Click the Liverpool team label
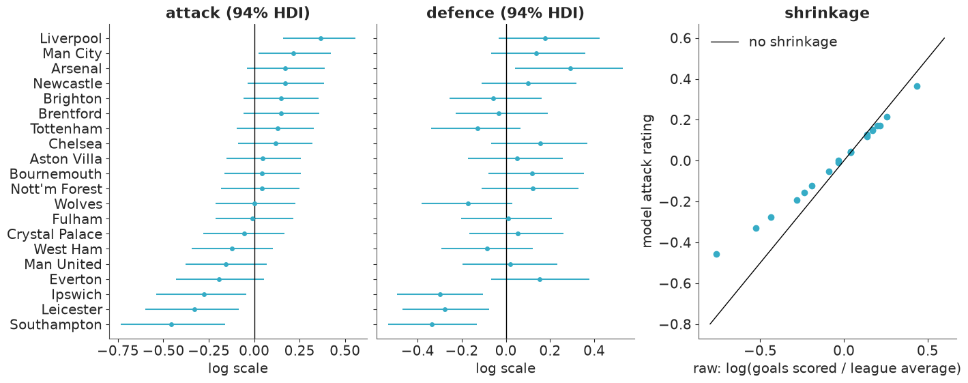(71, 38)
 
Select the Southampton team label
(56, 325)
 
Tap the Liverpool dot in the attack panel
(321, 38)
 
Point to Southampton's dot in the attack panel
(171, 325)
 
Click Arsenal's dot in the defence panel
(570, 69)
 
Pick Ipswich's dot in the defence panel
(441, 294)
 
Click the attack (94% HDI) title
(237, 13)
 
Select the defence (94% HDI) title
(505, 13)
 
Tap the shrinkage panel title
(827, 13)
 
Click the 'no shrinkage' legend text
(793, 42)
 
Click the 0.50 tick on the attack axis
(345, 351)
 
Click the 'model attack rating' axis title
(647, 181)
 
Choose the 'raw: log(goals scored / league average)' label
(827, 369)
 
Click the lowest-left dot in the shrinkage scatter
(716, 254)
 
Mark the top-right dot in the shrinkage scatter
(917, 87)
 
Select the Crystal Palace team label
(55, 234)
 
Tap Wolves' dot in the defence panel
(468, 203)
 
